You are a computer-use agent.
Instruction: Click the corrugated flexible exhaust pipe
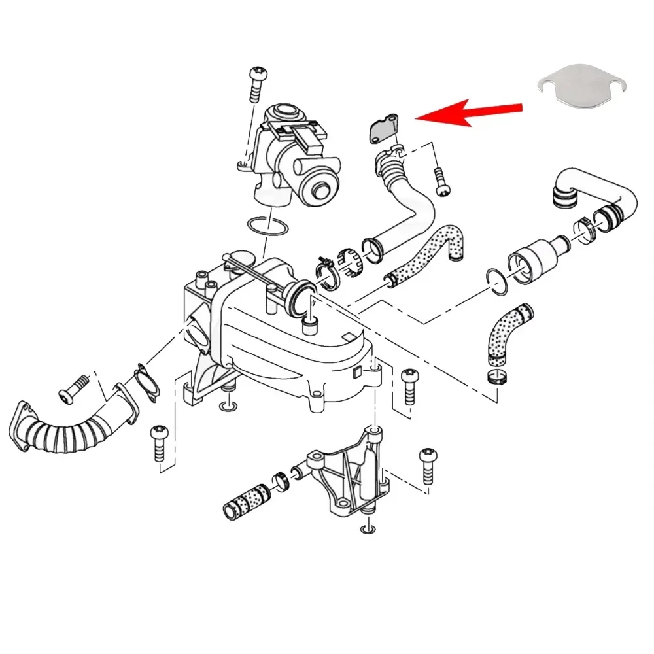[62, 432]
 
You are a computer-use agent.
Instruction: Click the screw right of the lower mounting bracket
[429, 465]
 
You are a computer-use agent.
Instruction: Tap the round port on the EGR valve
[323, 190]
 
